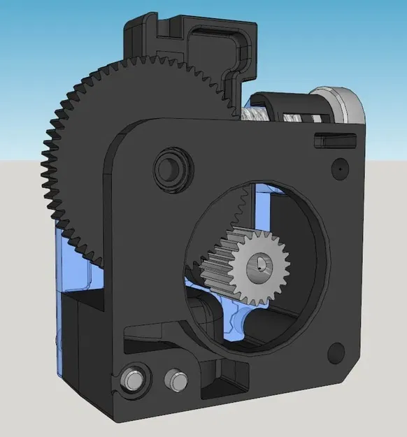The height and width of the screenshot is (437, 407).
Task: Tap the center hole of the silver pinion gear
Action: click(x=262, y=264)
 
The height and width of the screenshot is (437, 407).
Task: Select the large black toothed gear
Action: click(x=84, y=140)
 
